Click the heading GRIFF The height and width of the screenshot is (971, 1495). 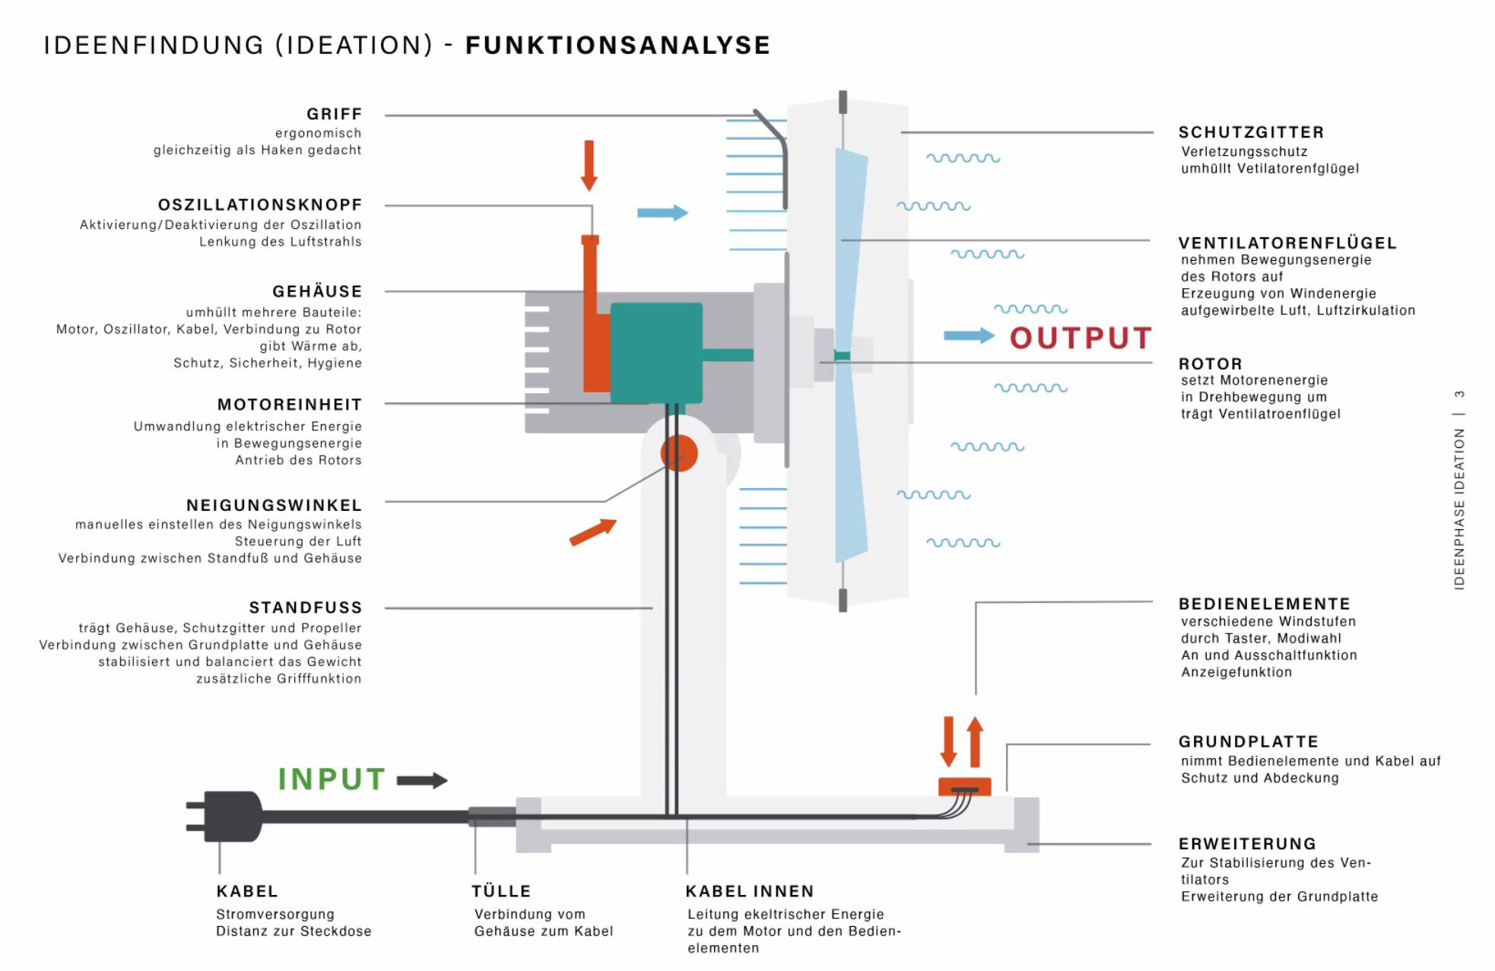point(334,114)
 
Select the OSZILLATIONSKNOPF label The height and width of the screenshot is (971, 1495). point(260,205)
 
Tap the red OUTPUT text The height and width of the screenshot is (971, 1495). point(1080,338)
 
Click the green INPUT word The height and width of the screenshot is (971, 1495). point(332,779)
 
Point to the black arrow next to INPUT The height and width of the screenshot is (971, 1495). point(422,780)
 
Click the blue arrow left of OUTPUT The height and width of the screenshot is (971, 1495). point(969,335)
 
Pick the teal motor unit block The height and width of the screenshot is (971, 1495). point(656,352)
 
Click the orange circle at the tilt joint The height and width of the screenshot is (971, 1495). point(678,453)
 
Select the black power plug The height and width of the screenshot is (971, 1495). point(228,816)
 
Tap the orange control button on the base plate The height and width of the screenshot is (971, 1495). point(964,785)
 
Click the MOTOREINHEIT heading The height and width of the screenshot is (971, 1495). point(290,405)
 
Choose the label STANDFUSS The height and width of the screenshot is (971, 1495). point(306,608)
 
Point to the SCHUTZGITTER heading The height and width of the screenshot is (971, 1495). point(1251,132)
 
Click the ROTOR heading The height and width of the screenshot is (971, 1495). point(1210,363)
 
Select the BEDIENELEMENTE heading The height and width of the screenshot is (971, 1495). point(1264,604)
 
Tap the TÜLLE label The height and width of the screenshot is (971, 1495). point(501,891)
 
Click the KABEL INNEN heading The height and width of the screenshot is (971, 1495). point(749,891)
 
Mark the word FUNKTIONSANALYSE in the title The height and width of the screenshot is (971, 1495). point(617,46)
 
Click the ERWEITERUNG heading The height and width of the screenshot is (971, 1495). point(1247,844)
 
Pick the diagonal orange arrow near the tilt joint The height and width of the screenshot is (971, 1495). point(592,532)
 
